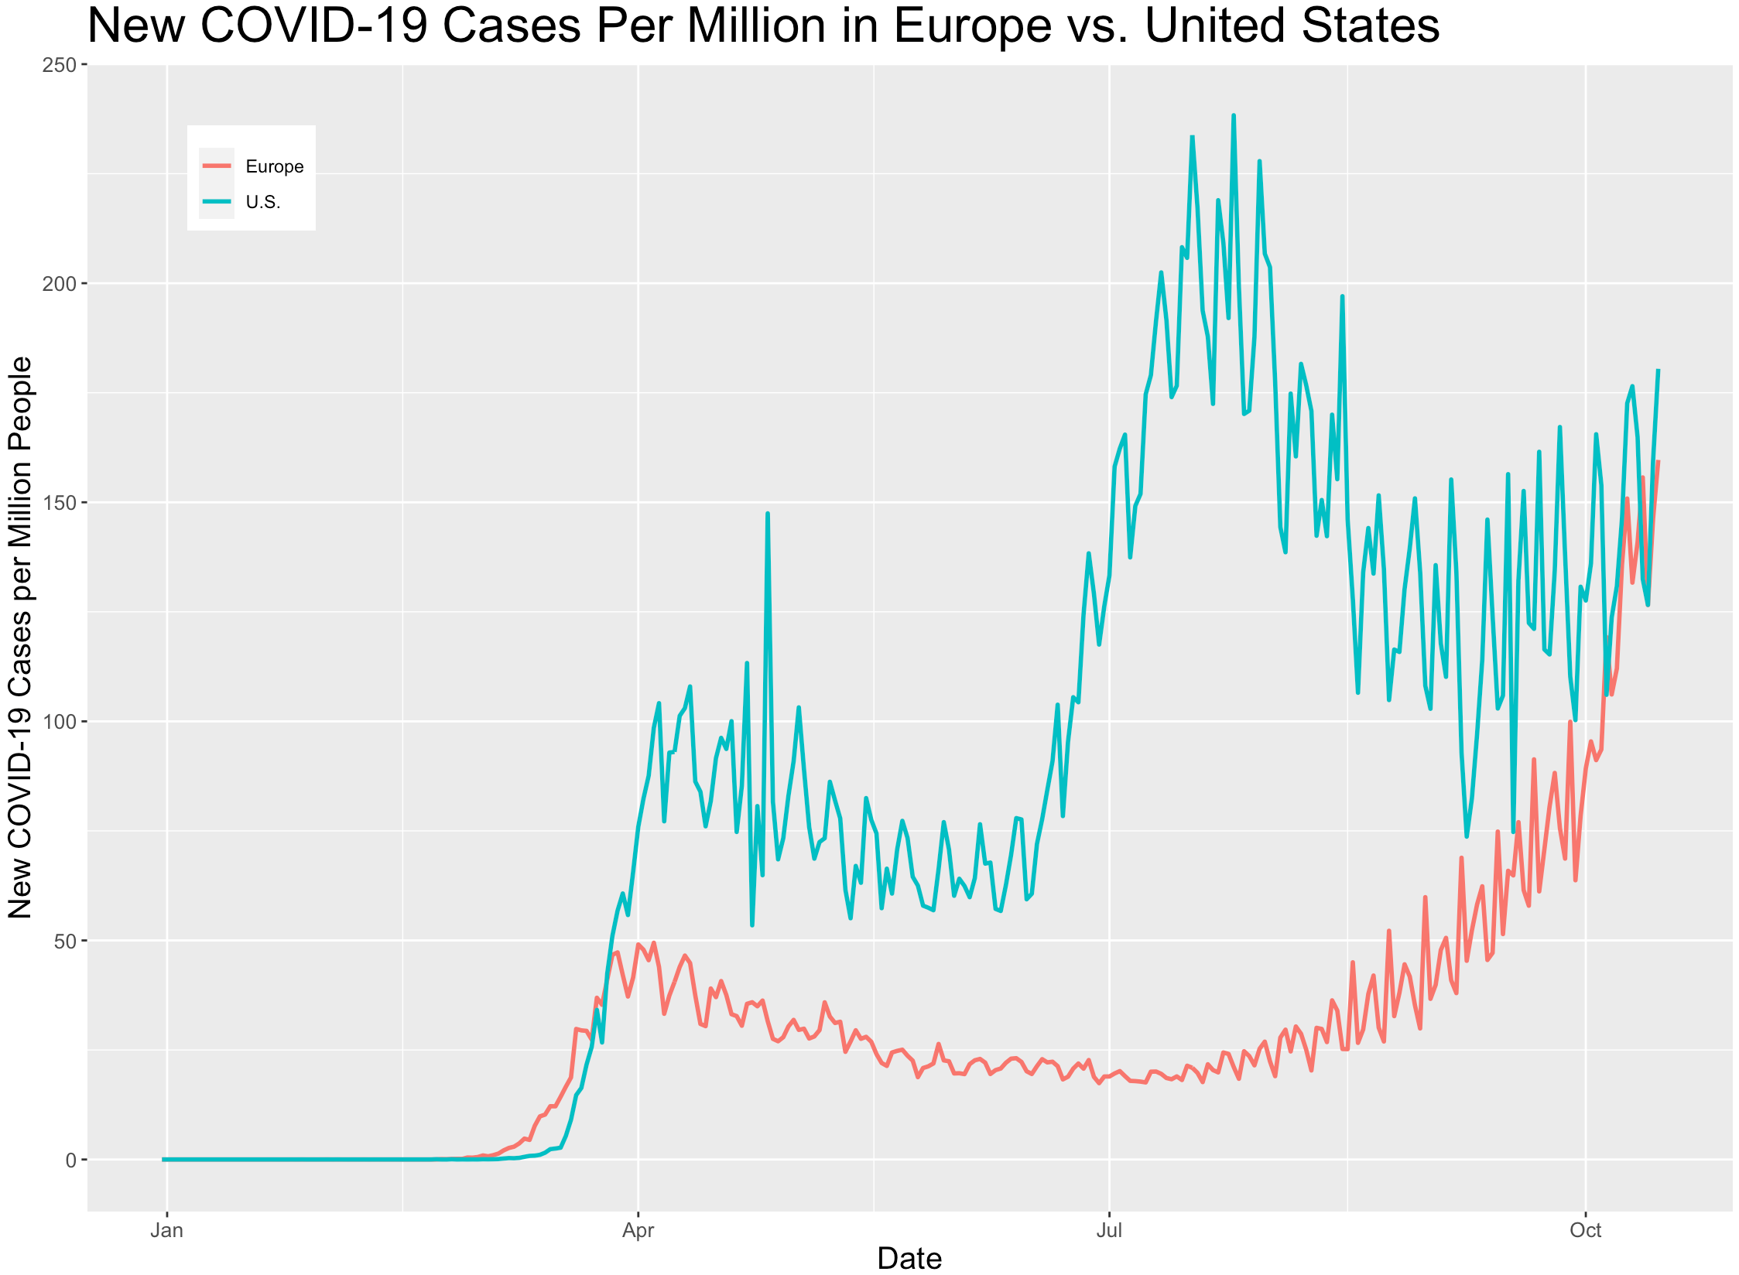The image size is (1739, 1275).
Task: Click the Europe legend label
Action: [x=274, y=166]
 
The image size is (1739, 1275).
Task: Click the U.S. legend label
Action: [x=262, y=202]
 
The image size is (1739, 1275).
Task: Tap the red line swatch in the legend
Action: [x=217, y=166]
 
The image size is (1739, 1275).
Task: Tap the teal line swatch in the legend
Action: [x=217, y=201]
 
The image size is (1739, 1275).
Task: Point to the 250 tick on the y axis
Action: [x=59, y=65]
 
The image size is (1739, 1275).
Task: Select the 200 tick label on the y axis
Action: [x=59, y=284]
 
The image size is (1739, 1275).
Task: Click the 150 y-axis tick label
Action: [x=59, y=503]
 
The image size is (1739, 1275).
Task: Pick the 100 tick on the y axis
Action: [x=59, y=722]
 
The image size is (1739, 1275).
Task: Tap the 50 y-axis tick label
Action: [x=63, y=941]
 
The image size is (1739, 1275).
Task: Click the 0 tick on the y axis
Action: [x=70, y=1160]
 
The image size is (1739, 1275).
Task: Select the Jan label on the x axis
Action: [x=166, y=1231]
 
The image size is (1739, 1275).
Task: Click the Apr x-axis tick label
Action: [x=638, y=1231]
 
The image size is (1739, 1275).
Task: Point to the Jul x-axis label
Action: [x=1109, y=1231]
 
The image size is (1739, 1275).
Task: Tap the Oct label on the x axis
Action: [x=1585, y=1231]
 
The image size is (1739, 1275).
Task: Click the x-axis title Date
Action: [x=909, y=1259]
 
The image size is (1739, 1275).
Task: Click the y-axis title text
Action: [x=20, y=637]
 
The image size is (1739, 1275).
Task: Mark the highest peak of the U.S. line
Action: [x=1234, y=116]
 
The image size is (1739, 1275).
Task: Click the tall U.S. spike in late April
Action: [x=767, y=513]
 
